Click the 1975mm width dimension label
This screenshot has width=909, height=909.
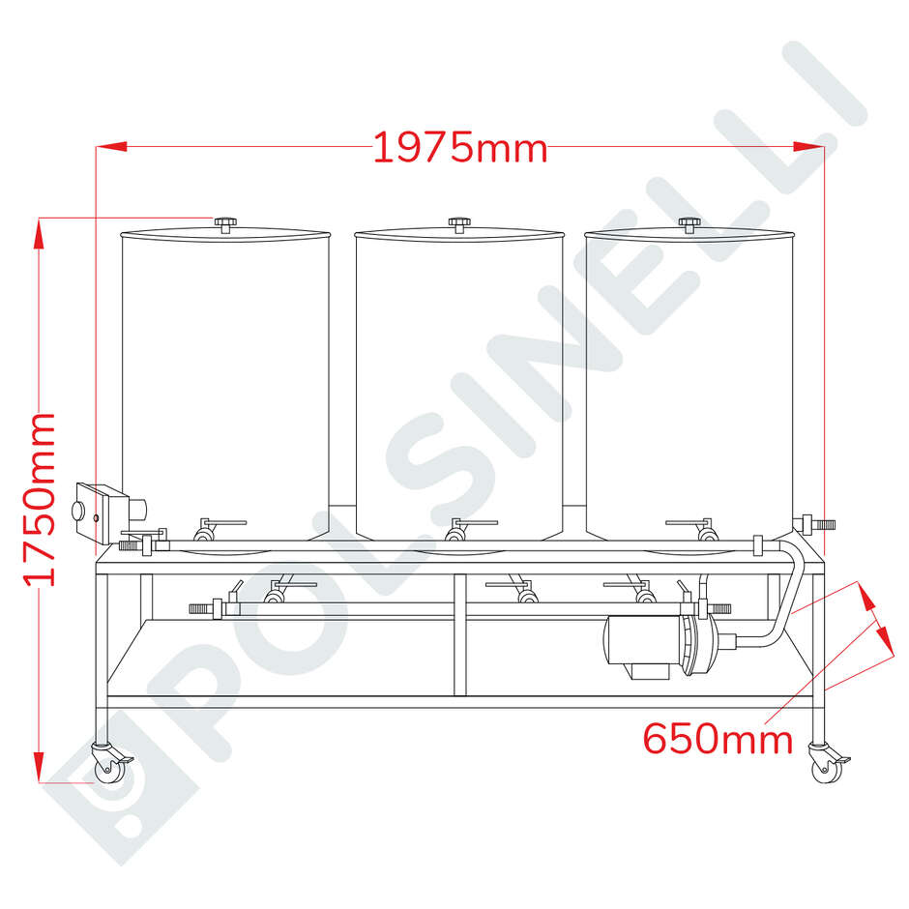point(460,148)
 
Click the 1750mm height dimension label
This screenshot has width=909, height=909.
point(41,500)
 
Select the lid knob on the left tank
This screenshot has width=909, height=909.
point(225,223)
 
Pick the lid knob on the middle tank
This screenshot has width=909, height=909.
point(458,223)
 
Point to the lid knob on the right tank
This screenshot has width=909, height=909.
point(689,223)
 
